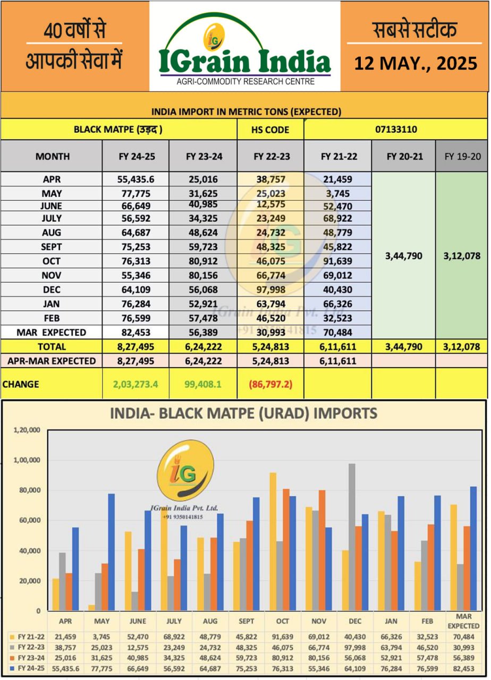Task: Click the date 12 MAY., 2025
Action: pos(416,64)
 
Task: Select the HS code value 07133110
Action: pos(395,129)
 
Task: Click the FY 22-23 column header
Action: pos(270,156)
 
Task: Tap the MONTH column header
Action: pos(53,156)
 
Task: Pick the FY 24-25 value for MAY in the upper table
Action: pos(136,193)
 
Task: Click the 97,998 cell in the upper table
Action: pos(270,290)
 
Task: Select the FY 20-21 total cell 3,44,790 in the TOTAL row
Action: pos(403,346)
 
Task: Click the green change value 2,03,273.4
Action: pos(136,384)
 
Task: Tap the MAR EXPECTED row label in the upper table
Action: pos(52,333)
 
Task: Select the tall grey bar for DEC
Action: pos(351,537)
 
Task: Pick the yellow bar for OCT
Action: pos(273,541)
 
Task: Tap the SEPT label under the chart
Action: pos(246,620)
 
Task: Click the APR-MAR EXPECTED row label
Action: pos(52,361)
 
